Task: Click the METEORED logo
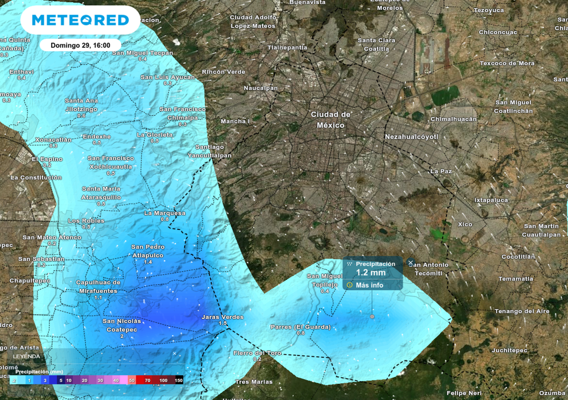(80, 21)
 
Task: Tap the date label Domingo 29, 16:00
(80, 45)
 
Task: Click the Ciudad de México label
(331, 119)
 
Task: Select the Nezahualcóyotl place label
(412, 137)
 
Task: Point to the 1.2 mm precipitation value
(371, 273)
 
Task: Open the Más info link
(369, 286)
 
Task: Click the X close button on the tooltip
(410, 262)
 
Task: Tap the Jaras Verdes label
(222, 317)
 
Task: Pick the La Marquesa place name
(165, 213)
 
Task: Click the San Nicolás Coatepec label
(122, 325)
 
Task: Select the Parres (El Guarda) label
(301, 327)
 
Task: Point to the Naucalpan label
(261, 88)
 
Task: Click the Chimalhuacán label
(454, 119)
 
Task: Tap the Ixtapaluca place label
(491, 200)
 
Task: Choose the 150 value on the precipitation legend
(179, 381)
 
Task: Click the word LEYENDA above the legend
(27, 356)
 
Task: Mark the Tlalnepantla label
(287, 48)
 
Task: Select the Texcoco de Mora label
(507, 63)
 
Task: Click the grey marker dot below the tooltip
(372, 316)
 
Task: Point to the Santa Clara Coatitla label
(377, 44)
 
